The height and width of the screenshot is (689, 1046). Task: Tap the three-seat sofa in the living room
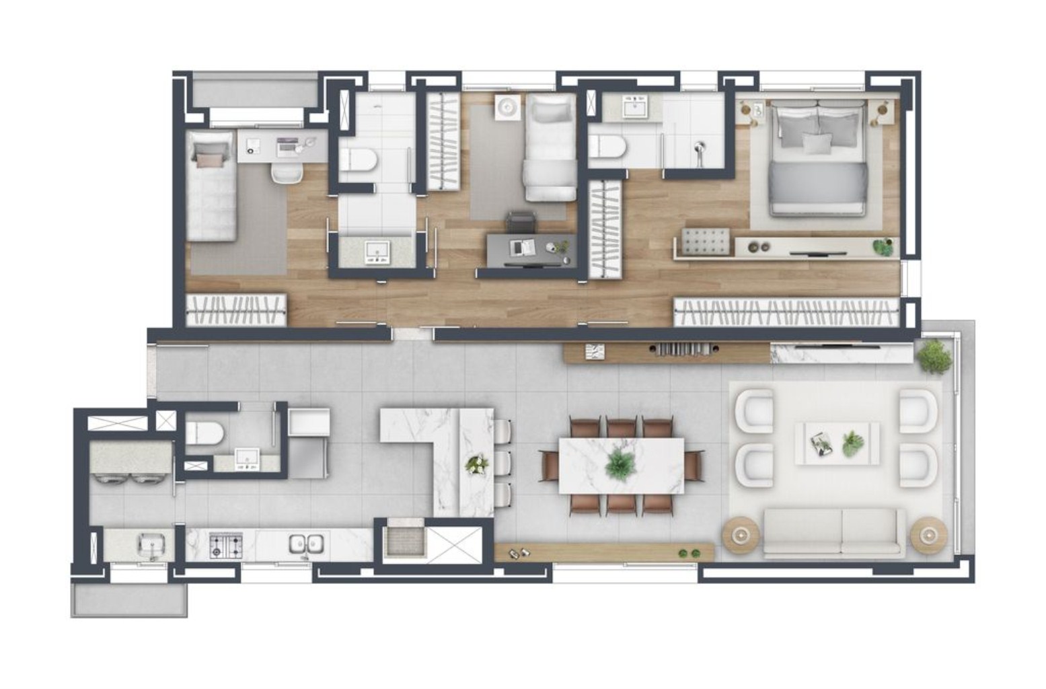833,531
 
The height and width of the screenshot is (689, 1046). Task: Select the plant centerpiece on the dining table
618,464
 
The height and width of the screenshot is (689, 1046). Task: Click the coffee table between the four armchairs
837,443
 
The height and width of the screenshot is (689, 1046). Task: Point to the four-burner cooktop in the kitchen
226,544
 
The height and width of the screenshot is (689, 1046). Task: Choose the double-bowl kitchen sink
307,544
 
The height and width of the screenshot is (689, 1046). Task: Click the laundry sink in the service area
149,544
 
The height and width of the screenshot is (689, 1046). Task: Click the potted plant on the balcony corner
934,355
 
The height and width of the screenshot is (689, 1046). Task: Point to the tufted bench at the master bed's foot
706,241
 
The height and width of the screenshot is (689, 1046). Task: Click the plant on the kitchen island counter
478,464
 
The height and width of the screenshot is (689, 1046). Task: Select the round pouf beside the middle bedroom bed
506,108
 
